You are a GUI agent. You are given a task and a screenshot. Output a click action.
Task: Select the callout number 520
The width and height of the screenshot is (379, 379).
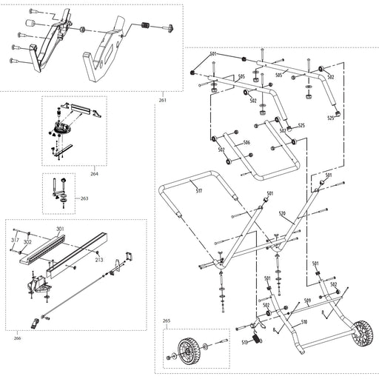pyautogui.click(x=282, y=214)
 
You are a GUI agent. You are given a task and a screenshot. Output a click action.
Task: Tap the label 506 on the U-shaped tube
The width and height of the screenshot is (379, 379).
pyautogui.click(x=246, y=142)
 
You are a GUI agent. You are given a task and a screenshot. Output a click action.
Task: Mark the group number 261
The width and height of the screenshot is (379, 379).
pyautogui.click(x=163, y=99)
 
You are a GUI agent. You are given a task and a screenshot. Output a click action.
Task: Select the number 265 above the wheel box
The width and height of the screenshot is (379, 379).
pyautogui.click(x=166, y=321)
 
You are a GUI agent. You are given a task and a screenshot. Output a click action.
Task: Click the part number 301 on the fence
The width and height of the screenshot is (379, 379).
pyautogui.click(x=59, y=229)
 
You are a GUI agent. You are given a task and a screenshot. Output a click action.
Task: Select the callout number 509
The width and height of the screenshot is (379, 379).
pyautogui.click(x=306, y=301)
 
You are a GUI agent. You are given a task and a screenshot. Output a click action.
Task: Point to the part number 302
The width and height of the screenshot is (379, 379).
pyautogui.click(x=27, y=242)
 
